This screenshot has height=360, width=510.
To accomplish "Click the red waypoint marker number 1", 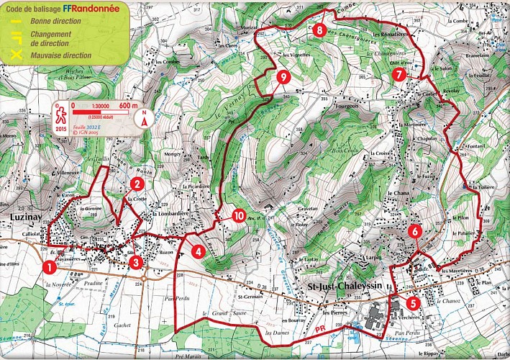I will tap(50, 266).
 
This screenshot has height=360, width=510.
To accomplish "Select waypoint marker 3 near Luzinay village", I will tap(135, 263).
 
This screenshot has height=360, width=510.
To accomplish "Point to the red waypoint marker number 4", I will tap(198, 251).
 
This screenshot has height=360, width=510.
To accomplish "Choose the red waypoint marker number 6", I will tap(414, 231).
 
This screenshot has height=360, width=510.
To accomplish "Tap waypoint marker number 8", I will tap(320, 30).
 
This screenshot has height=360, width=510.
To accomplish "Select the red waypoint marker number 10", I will tap(239, 215).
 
